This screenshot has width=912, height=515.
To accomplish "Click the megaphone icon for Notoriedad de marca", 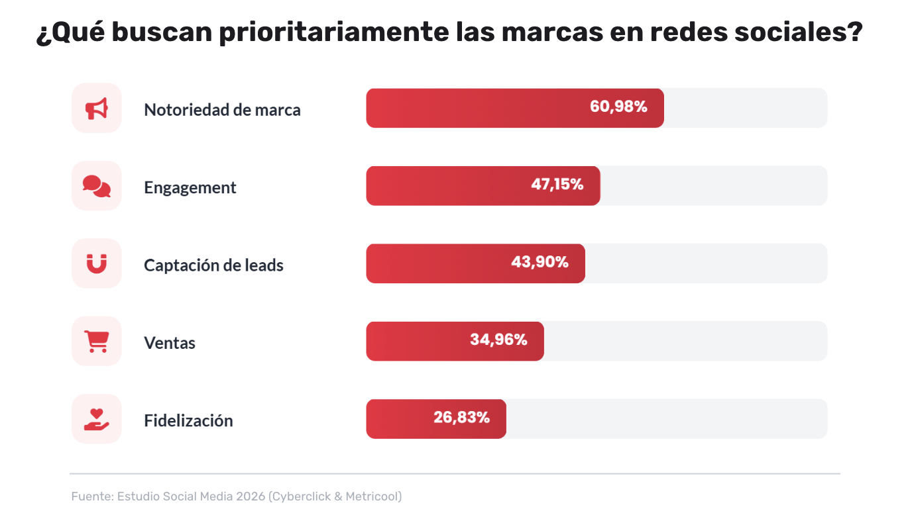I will [97, 109].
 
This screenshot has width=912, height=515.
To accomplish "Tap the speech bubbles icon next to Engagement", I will [97, 186].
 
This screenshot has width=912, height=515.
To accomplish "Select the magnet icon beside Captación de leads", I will [97, 264].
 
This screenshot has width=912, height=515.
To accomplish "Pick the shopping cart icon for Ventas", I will [97, 342].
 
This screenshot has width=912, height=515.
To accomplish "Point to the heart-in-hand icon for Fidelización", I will [97, 420].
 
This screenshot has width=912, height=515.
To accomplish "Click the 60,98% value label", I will [618, 107].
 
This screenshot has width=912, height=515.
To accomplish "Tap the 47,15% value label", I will [557, 185].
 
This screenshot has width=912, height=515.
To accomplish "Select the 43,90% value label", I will [540, 262].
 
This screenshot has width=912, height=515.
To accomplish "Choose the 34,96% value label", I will [498, 340].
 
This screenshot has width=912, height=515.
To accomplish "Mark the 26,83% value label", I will [461, 418].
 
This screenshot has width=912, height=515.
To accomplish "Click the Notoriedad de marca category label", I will [222, 110].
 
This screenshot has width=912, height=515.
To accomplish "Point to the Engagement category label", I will [190, 188].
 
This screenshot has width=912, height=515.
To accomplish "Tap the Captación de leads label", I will [213, 265].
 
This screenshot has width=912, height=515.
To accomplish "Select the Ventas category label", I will [170, 344].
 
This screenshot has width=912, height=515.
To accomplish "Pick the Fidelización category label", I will [188, 421].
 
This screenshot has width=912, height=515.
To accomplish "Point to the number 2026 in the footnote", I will [251, 496].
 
